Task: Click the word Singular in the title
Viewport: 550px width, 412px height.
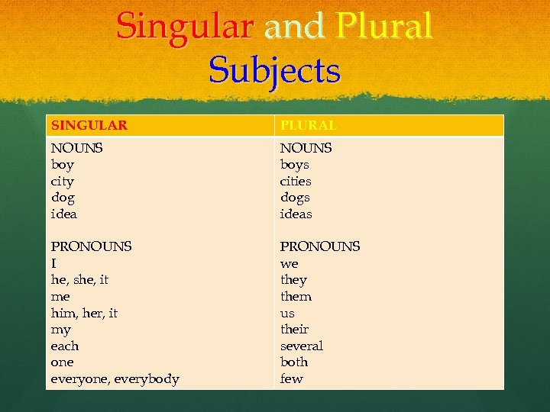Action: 184,26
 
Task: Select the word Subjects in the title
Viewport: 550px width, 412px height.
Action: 274,70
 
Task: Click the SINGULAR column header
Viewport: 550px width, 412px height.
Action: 89,125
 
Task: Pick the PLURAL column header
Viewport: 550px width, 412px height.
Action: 309,125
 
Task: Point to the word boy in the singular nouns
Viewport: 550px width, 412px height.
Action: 63,165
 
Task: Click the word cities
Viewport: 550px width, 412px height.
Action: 296,182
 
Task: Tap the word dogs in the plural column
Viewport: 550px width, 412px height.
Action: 295,198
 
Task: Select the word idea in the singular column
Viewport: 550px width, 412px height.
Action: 63,214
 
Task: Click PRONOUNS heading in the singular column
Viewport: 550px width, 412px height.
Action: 91,246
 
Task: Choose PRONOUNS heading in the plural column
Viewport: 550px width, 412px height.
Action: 320,246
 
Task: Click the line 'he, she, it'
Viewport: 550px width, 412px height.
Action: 79,280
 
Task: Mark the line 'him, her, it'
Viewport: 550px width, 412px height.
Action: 84,313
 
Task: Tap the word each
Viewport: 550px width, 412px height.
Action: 64,346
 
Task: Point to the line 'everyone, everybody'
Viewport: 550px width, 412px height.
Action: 115,379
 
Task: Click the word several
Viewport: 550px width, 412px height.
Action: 302,346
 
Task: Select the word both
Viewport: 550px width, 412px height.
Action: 294,362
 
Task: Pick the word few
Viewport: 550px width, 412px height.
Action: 291,378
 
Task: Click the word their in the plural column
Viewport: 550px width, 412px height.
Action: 294,330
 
